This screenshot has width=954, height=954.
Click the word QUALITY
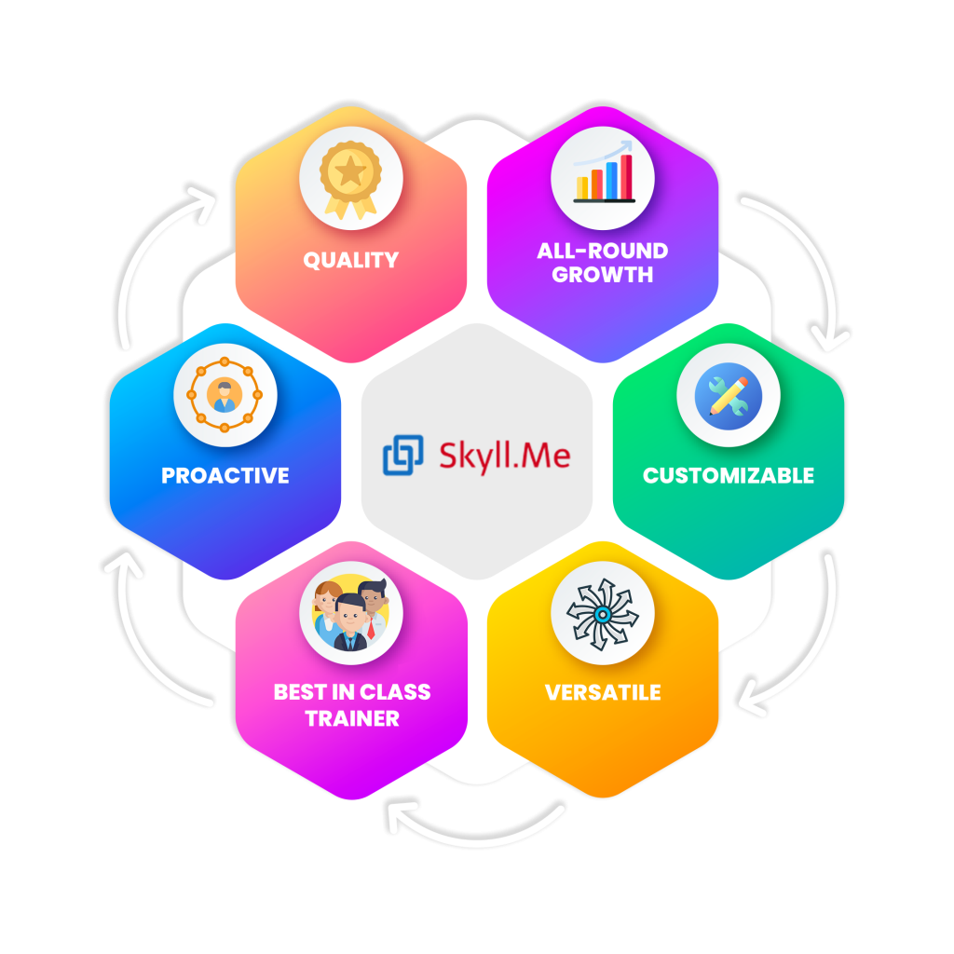click(350, 260)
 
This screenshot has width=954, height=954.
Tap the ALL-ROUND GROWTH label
click(602, 263)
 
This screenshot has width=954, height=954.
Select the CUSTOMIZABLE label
click(729, 475)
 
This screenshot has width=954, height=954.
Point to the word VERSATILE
click(603, 692)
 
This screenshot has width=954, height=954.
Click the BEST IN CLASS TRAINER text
click(351, 705)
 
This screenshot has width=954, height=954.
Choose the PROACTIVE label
click(225, 475)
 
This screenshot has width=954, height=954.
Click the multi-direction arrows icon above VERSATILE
click(603, 613)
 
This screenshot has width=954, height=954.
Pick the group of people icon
click(351, 613)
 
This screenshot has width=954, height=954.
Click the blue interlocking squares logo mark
click(403, 456)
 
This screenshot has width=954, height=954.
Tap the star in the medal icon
click(350, 170)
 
